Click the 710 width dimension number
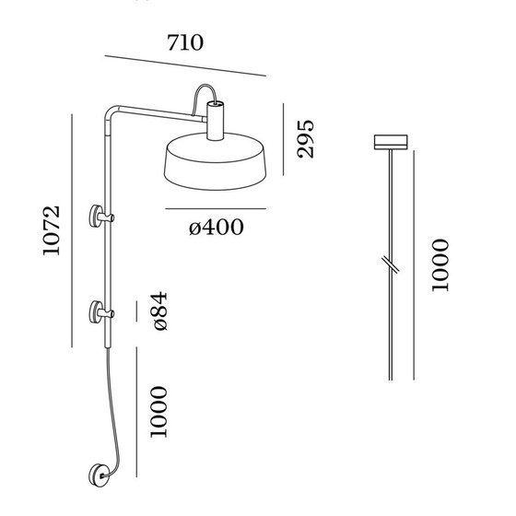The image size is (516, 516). tap(184, 41)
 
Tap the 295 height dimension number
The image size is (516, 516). tap(304, 138)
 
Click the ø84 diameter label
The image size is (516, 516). tap(158, 314)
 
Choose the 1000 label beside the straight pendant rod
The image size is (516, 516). tap(440, 265)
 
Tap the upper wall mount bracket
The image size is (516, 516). tap(98, 217)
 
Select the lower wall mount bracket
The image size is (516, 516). tap(98, 313)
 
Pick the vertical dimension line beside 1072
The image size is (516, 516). tap(72, 230)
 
